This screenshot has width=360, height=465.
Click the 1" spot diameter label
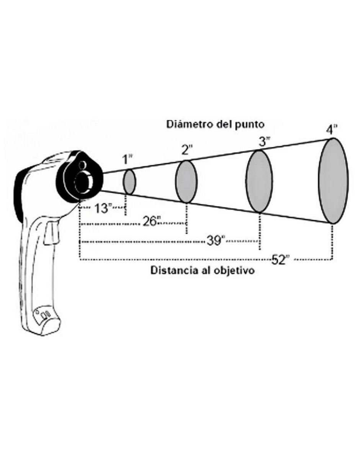coord(128,160)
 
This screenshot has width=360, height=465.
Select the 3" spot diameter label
coord(265,142)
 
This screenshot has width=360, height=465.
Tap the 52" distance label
coord(281,259)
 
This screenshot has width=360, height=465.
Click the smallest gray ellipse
coord(129,182)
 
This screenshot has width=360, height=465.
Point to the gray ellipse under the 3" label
coord(259,181)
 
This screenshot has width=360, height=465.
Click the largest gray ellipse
coord(333,181)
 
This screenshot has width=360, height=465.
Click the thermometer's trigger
coord(51,233)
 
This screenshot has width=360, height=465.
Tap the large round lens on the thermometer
coord(84,181)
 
